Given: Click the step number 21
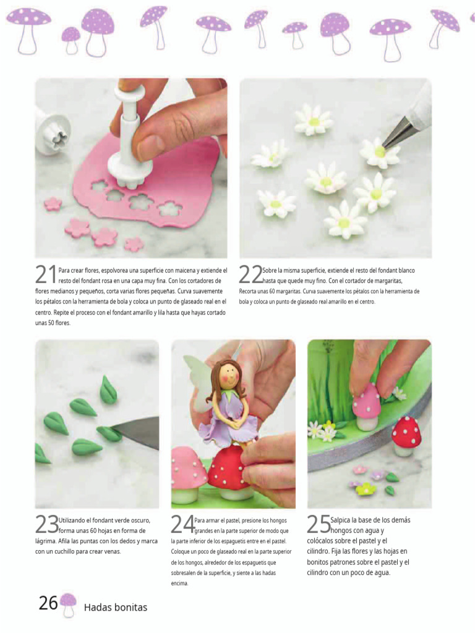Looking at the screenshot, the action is [x=46, y=274].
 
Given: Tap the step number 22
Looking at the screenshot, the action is [x=251, y=274].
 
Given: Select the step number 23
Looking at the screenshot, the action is [x=47, y=524].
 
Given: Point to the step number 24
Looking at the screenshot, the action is [x=182, y=524].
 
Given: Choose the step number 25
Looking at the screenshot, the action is [x=319, y=524].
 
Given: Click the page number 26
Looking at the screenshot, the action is [x=48, y=603].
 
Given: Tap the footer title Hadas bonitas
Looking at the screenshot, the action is [x=116, y=607].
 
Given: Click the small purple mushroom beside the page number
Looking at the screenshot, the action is [x=68, y=605].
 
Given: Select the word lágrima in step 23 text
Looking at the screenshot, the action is [x=45, y=542].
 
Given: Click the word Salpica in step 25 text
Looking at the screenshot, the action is [x=343, y=520].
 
